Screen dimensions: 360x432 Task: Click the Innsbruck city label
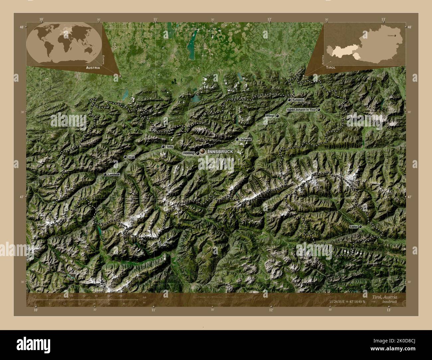pyautogui.click(x=220, y=151)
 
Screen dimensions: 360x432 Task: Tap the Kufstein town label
pyautogui.click(x=298, y=100)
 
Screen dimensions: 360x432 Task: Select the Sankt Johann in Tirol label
pyautogui.click(x=301, y=110)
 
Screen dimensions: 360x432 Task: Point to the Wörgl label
pyautogui.click(x=270, y=116)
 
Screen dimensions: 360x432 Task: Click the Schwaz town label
pyautogui.click(x=245, y=140)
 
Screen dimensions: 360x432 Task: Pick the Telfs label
pyautogui.click(x=170, y=147)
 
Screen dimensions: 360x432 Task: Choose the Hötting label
pyautogui.click(x=188, y=153)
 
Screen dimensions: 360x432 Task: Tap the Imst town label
pyautogui.click(x=131, y=157)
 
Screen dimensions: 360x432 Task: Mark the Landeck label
pyautogui.click(x=114, y=174)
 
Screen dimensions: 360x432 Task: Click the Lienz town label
pyautogui.click(x=353, y=227)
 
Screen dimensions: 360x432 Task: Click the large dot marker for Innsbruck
pyautogui.click(x=202, y=151)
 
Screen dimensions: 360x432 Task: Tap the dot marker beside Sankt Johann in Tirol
pyautogui.click(x=319, y=110)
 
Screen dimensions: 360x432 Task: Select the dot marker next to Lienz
pyautogui.click(x=360, y=227)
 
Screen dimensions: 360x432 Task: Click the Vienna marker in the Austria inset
pyautogui.click(x=395, y=35)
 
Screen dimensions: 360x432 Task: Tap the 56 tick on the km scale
pyautogui.click(x=121, y=296)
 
